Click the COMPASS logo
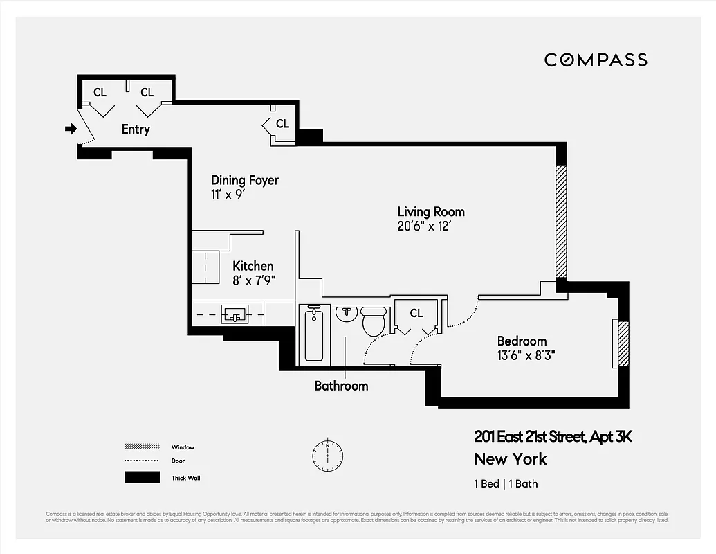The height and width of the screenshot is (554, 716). (596, 60)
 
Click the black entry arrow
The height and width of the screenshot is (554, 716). (71, 129)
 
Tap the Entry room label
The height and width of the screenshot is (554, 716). (136, 129)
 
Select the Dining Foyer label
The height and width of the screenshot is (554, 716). (245, 180)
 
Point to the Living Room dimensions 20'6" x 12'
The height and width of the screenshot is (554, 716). (424, 226)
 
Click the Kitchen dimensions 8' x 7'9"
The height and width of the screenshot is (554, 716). (253, 280)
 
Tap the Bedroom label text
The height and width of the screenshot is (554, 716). (522, 341)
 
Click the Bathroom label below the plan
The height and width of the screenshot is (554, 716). (341, 386)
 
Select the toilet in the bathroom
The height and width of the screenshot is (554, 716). (374, 321)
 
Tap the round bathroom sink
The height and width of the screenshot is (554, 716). (347, 313)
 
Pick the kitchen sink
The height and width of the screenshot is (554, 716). (235, 315)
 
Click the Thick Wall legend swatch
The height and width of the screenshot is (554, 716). (142, 477)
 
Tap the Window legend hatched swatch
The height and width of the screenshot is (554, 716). (142, 447)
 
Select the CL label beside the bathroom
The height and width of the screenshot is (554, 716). (416, 313)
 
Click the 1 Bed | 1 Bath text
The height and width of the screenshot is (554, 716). (506, 484)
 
